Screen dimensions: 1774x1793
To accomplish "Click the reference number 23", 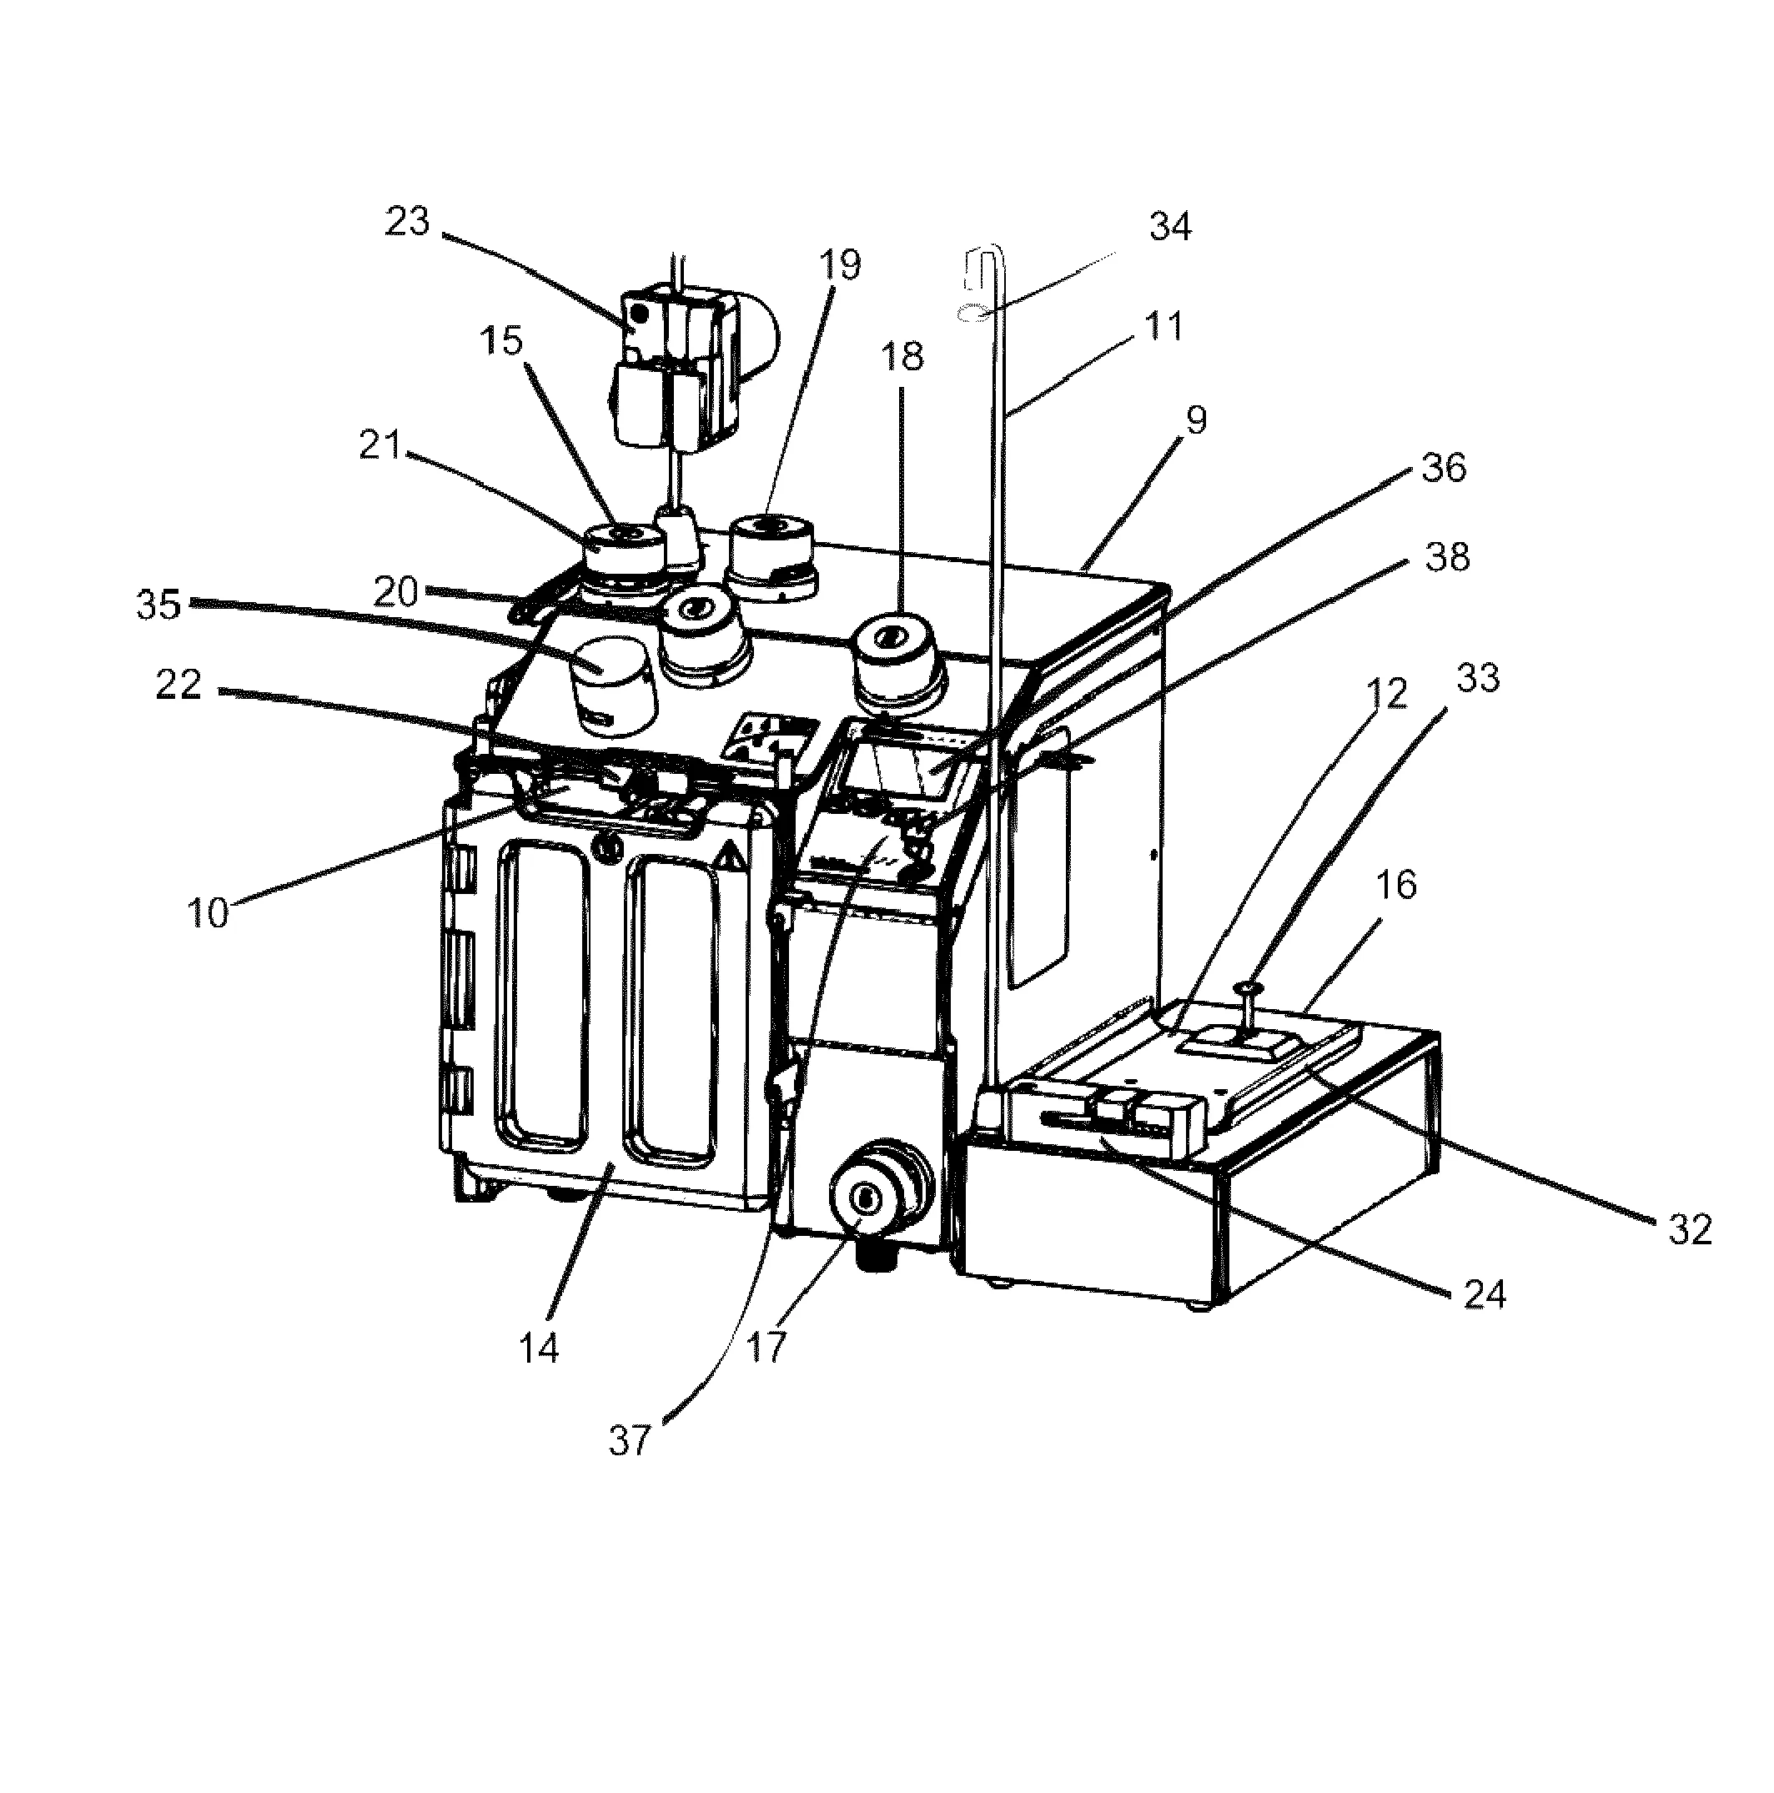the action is (408, 222).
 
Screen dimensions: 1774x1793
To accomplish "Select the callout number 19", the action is (839, 264).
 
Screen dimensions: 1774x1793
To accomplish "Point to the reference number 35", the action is (158, 605).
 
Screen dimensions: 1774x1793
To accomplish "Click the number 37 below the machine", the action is (631, 1440).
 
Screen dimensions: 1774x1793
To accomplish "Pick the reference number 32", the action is (1690, 1230).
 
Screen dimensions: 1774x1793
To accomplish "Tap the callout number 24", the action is (1484, 1294).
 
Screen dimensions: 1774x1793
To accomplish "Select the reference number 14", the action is (539, 1349).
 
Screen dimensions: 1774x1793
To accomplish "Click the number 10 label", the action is (207, 913).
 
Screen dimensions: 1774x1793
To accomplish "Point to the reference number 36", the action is (1444, 468).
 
